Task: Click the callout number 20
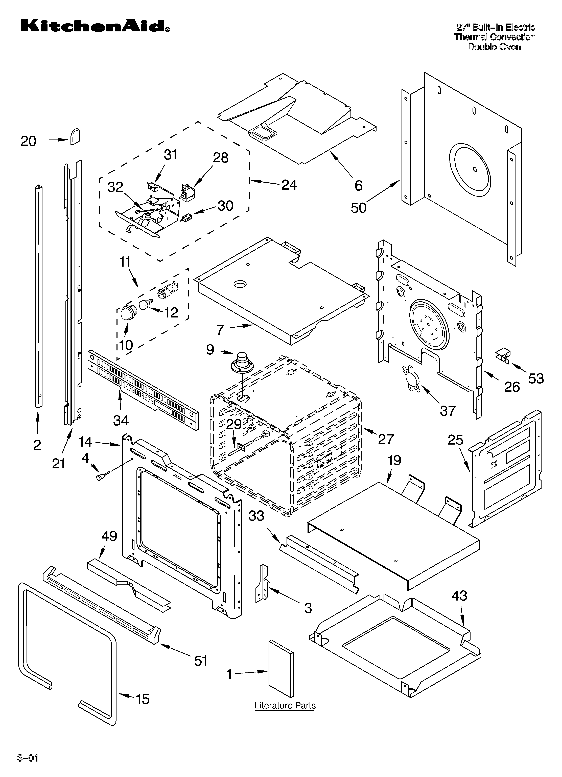(x=28, y=141)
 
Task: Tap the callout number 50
(x=358, y=208)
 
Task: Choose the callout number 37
(x=448, y=410)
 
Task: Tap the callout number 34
(x=121, y=420)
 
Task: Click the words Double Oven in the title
(x=494, y=47)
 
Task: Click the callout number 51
(x=201, y=661)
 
